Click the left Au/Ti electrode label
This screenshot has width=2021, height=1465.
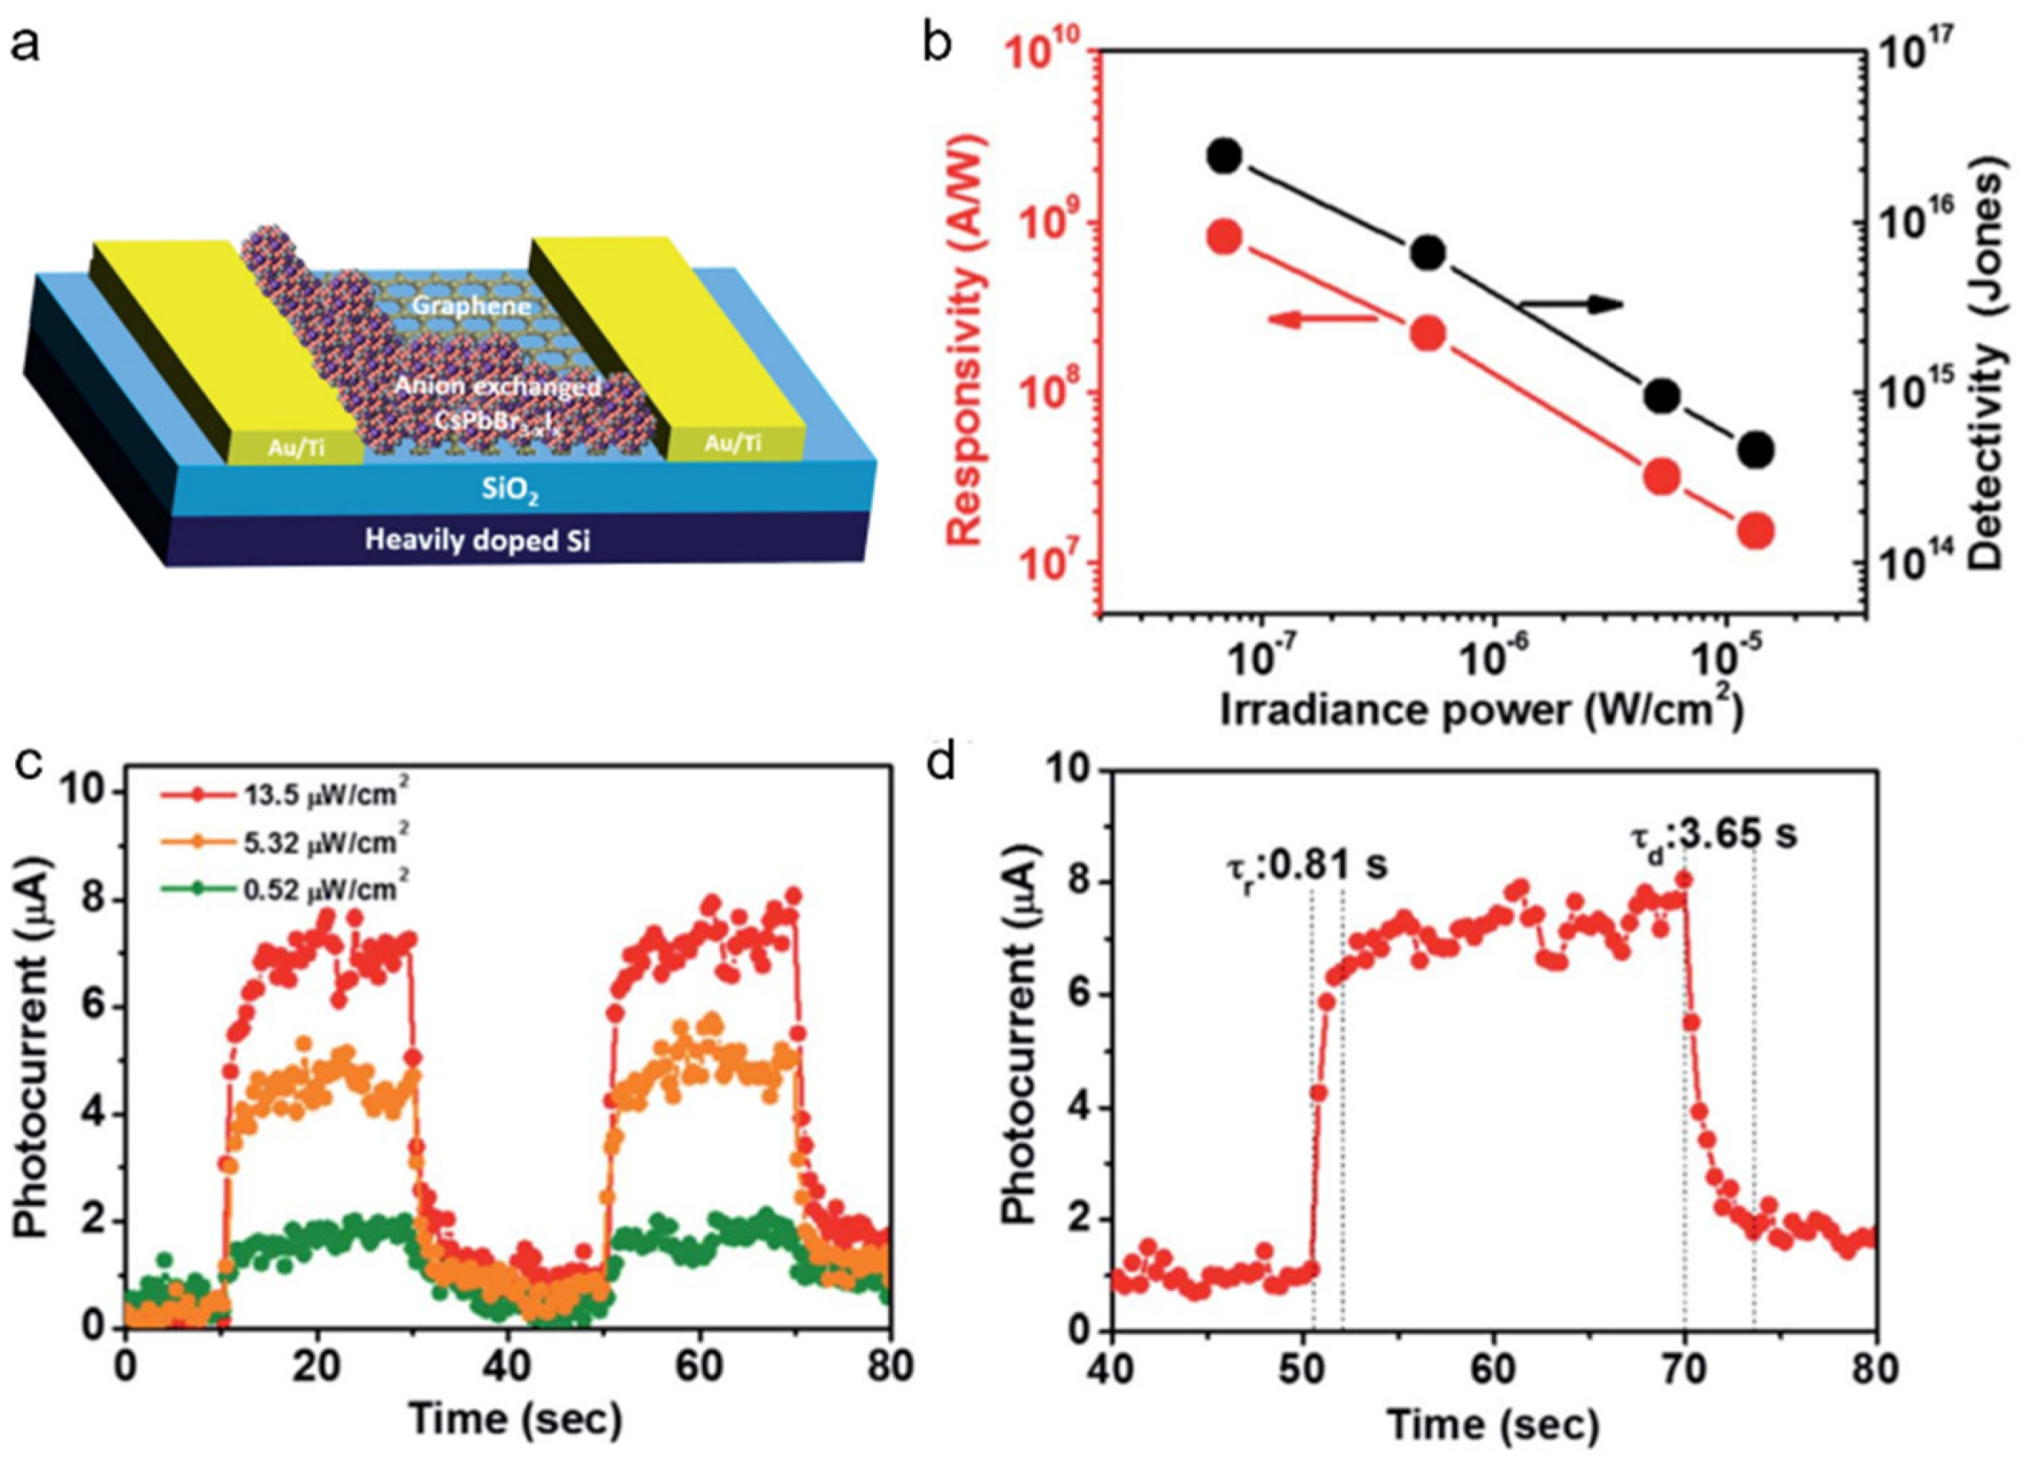[x=296, y=448]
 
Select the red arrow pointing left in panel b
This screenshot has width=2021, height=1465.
[x=1318, y=343]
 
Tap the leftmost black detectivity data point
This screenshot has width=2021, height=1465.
[x=1225, y=156]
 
